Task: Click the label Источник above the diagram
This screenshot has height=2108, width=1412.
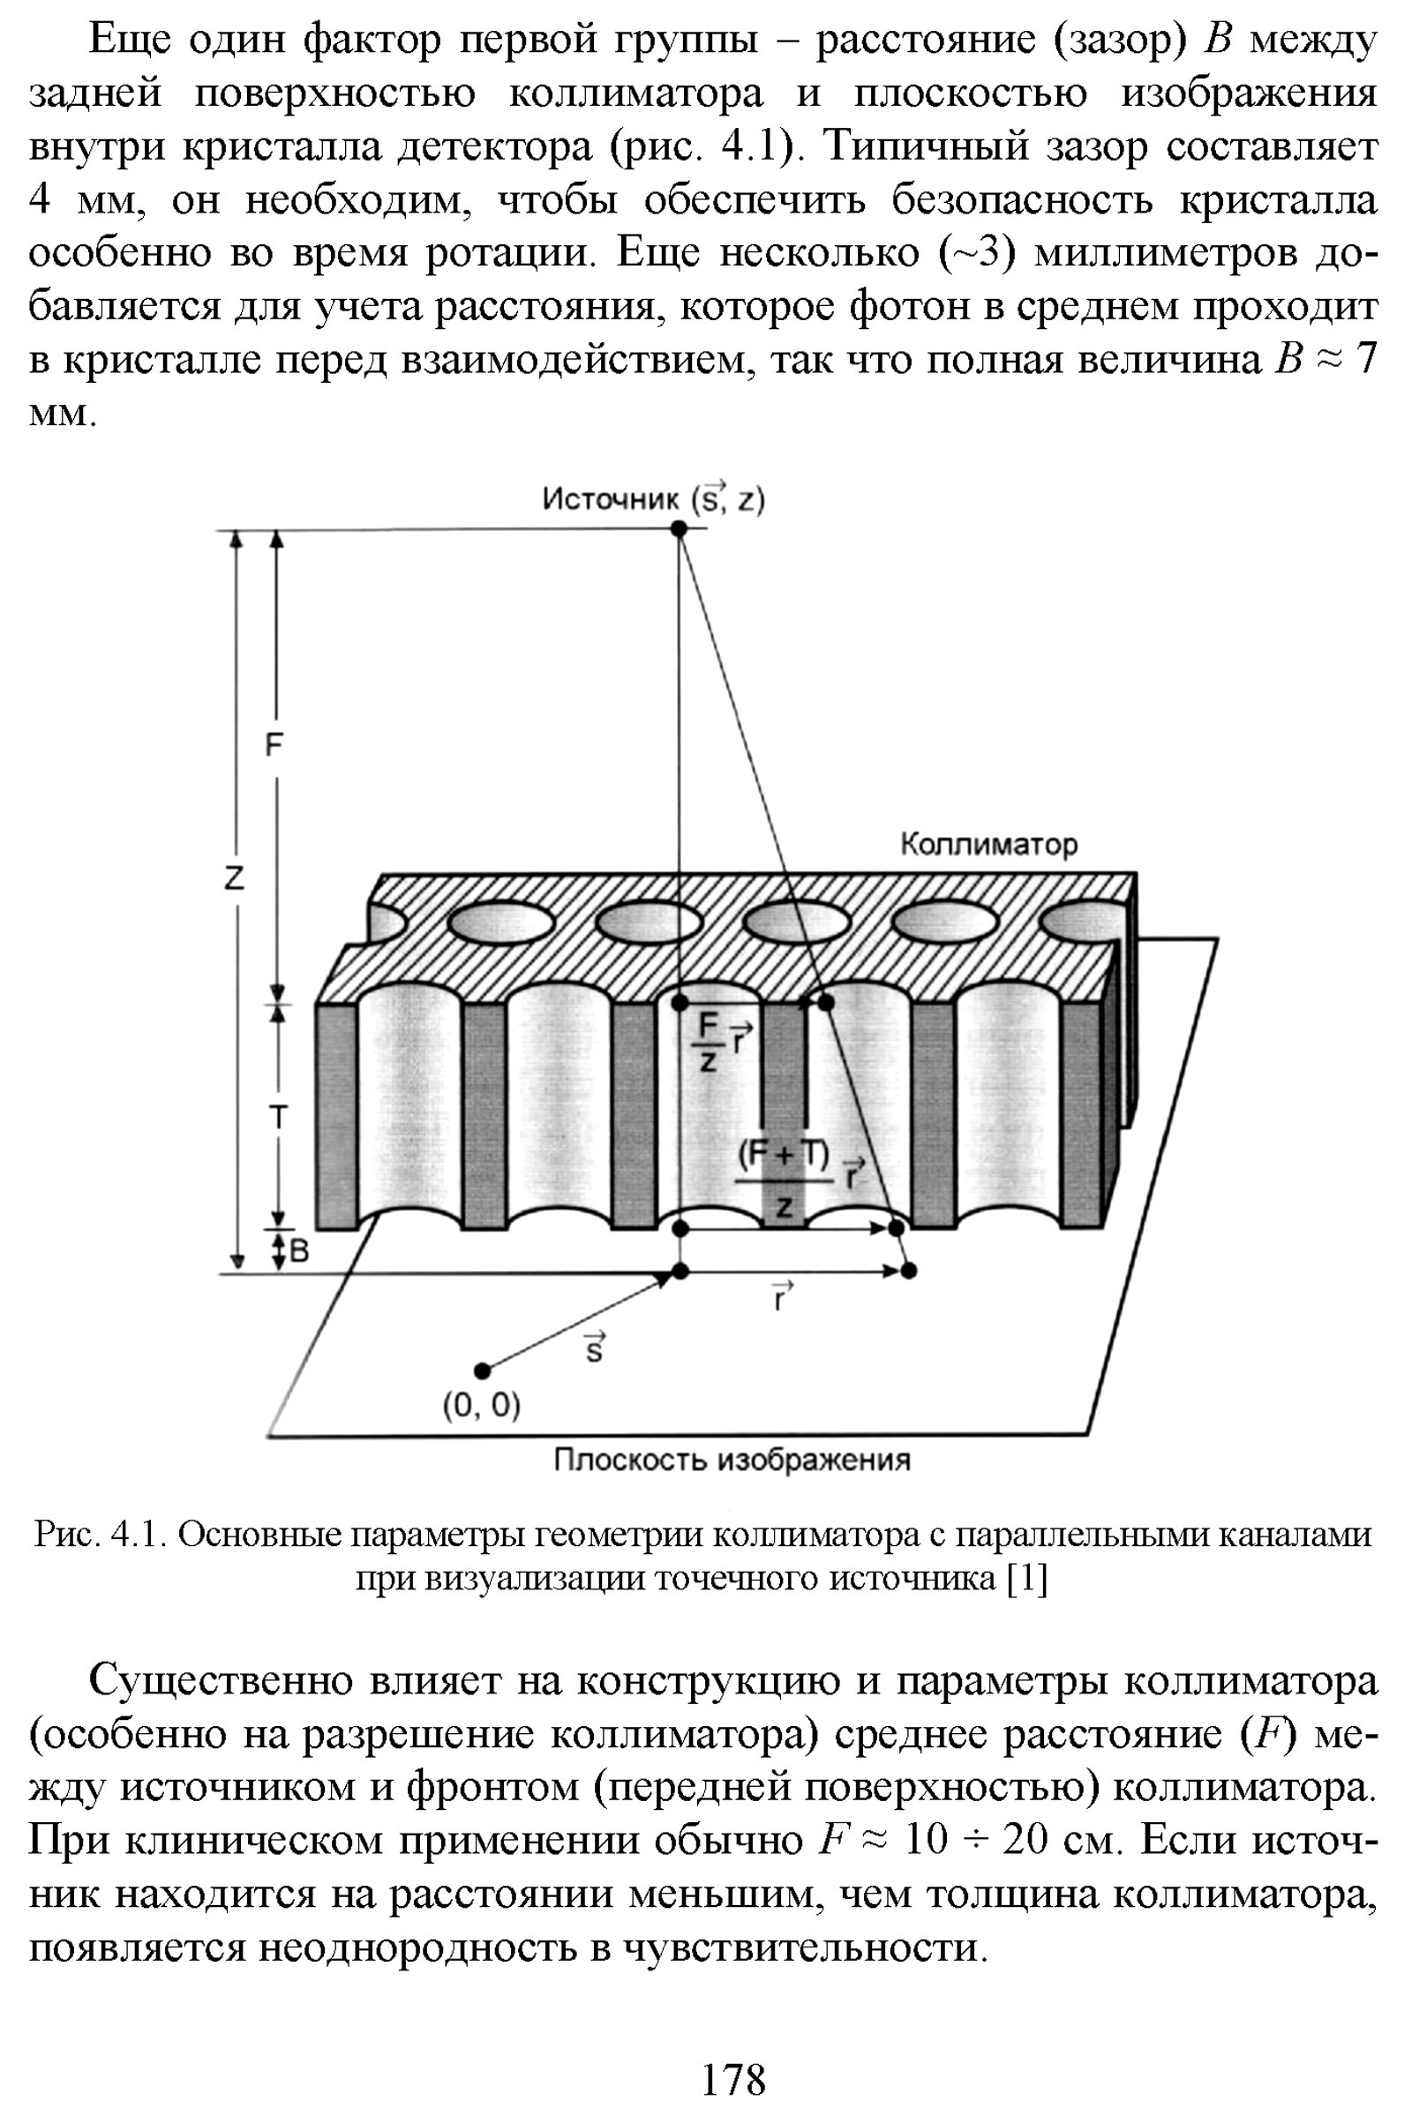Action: click(611, 498)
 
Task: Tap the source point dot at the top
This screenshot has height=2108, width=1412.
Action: click(680, 529)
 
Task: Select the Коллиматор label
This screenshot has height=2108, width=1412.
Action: click(988, 844)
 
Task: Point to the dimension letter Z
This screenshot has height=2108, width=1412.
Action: click(235, 878)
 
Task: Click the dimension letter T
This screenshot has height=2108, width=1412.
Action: click(278, 1118)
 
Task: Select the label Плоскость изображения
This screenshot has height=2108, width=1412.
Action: click(732, 1459)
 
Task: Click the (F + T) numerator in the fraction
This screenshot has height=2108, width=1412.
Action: click(784, 1155)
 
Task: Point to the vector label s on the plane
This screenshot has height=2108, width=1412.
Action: click(594, 1349)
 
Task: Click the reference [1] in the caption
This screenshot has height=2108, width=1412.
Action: click(1026, 1579)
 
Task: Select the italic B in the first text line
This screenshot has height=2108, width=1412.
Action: click(1218, 40)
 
